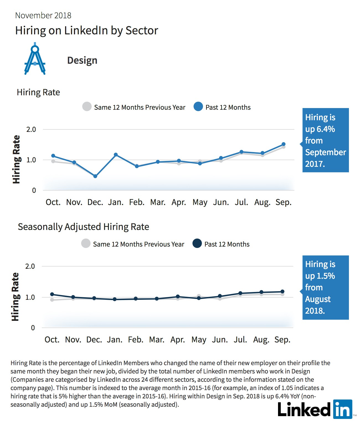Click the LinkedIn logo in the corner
(315, 409)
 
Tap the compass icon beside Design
(35, 59)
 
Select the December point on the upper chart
(95, 176)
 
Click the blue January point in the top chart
(116, 154)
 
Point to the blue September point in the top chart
(283, 144)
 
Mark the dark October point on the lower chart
(52, 294)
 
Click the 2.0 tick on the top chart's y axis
(31, 129)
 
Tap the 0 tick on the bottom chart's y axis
(33, 327)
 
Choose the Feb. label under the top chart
(137, 202)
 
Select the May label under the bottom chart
(199, 340)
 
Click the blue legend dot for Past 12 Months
(198, 106)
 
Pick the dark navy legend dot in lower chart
(197, 243)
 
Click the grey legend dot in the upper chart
(87, 106)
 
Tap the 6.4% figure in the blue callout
(326, 129)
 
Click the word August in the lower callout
(318, 299)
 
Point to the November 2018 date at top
(43, 16)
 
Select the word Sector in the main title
(142, 30)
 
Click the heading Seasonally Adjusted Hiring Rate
(83, 227)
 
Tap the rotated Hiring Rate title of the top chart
(16, 159)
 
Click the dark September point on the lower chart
(282, 291)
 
